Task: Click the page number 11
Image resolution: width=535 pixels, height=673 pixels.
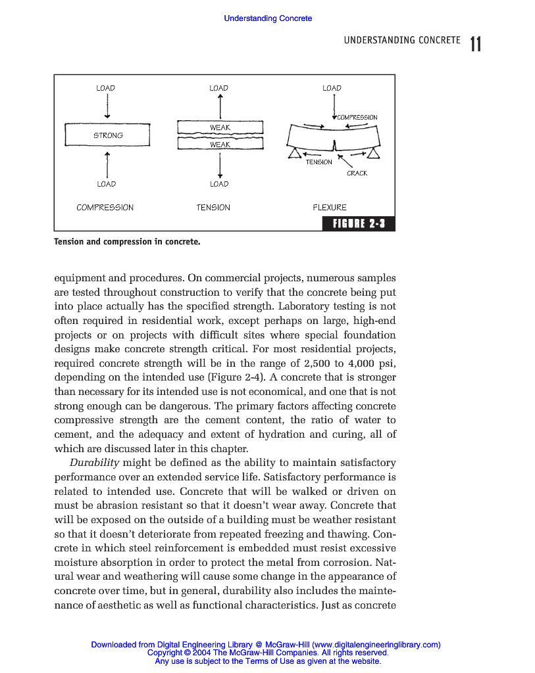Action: click(x=476, y=44)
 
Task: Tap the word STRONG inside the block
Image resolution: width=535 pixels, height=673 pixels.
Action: click(x=108, y=135)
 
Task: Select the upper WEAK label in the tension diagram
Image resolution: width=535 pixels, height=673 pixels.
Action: click(x=220, y=128)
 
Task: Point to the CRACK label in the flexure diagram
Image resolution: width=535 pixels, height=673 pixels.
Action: click(x=357, y=174)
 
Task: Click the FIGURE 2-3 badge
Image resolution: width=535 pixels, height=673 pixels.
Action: click(x=358, y=225)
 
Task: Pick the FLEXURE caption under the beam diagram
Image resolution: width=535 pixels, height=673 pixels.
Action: click(x=330, y=208)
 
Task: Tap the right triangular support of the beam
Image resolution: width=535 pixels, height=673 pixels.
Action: click(x=374, y=153)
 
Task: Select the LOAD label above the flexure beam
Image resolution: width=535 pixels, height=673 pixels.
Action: click(x=332, y=88)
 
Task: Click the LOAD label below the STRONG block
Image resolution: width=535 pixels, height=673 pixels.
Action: click(x=106, y=184)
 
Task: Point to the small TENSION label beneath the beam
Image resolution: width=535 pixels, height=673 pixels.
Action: click(x=318, y=162)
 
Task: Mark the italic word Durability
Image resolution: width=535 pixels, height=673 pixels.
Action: click(x=94, y=463)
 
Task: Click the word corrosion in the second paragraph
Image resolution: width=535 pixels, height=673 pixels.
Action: click(x=355, y=562)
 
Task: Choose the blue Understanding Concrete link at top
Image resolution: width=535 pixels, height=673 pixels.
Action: click(x=268, y=18)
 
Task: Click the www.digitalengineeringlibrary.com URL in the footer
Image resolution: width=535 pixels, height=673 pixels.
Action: click(x=376, y=645)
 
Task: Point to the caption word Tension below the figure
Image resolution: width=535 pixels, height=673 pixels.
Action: click(x=69, y=242)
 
